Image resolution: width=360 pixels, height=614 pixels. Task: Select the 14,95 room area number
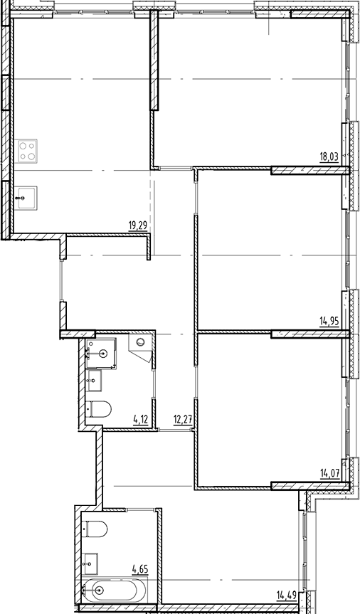(329, 322)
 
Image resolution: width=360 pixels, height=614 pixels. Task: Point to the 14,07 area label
(329, 471)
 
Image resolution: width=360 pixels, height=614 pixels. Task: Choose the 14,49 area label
(287, 595)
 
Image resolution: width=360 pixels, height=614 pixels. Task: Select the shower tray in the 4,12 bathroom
(102, 351)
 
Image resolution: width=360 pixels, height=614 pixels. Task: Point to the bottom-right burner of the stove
(33, 155)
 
